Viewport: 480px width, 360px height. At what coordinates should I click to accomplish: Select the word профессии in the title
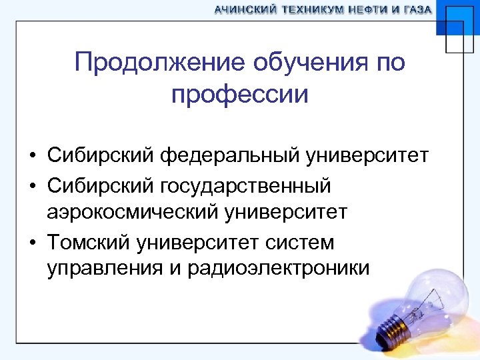240,95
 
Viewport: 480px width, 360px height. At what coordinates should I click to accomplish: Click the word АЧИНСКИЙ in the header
245,10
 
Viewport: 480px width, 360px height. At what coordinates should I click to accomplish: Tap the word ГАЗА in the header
416,10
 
